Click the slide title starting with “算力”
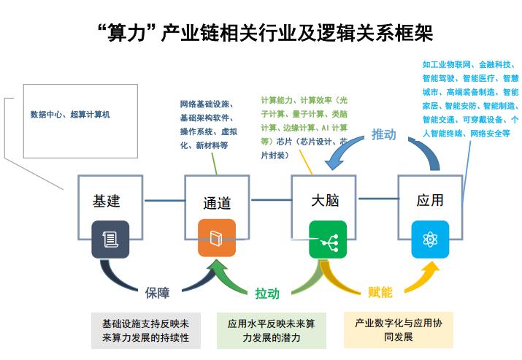tap(261, 31)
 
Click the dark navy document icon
tap(110, 240)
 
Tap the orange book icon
tap(217, 240)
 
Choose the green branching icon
tap(324, 240)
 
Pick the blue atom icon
tap(429, 240)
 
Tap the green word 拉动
tap(267, 293)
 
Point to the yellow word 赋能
tap(380, 292)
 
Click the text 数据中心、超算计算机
tap(70, 114)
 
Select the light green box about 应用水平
tap(271, 330)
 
